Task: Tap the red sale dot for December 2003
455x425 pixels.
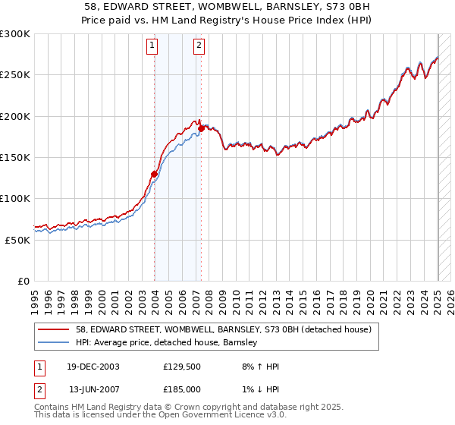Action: coord(154,174)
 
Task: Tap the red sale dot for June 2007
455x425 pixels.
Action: coord(201,128)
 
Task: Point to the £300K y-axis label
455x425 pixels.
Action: coord(14,34)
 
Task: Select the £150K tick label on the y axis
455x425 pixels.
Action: coord(14,157)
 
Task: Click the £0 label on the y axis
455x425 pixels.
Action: coord(24,281)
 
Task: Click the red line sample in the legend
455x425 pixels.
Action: coord(53,330)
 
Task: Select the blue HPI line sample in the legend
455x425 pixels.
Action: coord(53,343)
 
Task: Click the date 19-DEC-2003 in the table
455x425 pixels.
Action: coord(94,367)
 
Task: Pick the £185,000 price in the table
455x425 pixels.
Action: coord(182,389)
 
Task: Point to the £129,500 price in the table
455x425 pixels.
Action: coord(182,367)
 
